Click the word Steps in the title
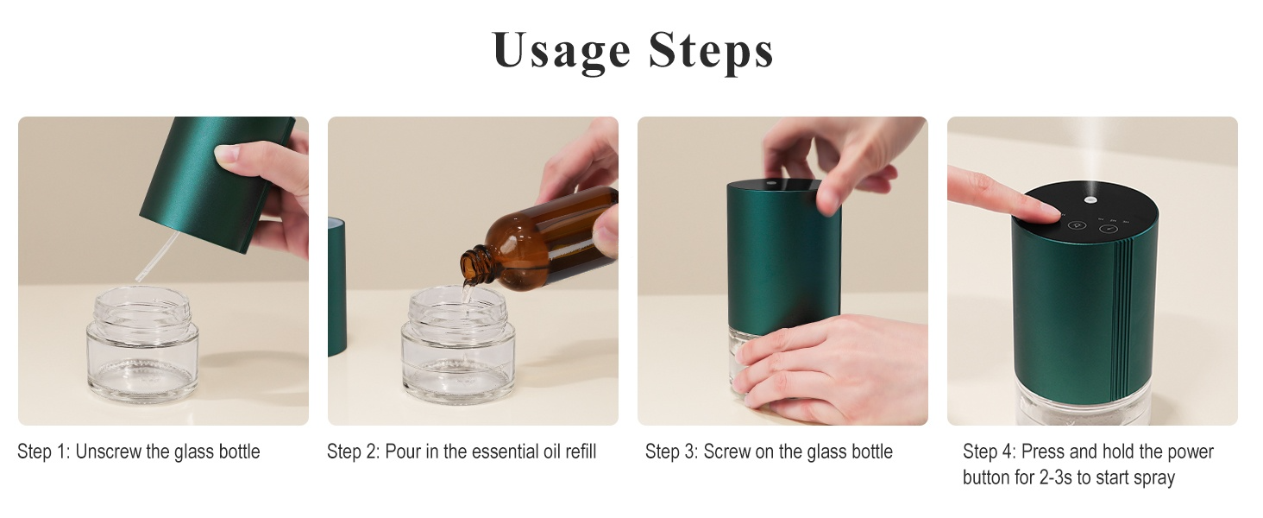point(711,51)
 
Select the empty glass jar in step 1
point(142,344)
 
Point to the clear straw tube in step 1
point(157,256)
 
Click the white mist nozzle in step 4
point(1089,199)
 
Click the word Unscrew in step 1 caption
point(108,452)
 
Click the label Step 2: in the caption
point(353,452)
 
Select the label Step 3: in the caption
point(671,452)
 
